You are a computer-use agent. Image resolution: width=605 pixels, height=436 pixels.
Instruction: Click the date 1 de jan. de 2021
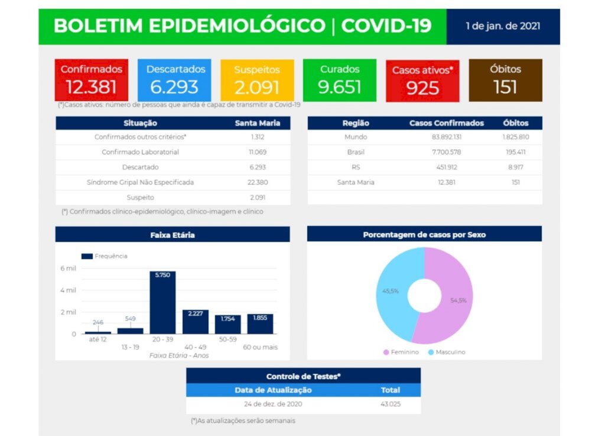coord(502,27)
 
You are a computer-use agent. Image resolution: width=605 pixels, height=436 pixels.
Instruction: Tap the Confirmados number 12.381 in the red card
coord(91,87)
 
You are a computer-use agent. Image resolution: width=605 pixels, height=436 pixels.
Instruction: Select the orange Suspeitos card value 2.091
coord(256,87)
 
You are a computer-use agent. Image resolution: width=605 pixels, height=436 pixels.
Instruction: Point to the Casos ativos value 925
coord(422,88)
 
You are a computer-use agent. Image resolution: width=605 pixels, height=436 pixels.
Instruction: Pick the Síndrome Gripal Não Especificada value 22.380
coord(259,182)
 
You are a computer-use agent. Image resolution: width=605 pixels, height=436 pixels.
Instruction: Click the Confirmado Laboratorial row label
coord(140,152)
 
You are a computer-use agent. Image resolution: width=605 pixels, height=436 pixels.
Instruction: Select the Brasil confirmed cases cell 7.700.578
coord(447,152)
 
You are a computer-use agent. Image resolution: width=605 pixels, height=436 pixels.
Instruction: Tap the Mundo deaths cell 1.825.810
coord(516,137)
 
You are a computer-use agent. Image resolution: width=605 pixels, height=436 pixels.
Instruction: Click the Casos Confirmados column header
coord(447,123)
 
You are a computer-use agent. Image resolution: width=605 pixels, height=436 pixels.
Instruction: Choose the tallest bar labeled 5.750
coord(162,302)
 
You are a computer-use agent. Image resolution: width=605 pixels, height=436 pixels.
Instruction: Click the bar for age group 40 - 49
coord(195,321)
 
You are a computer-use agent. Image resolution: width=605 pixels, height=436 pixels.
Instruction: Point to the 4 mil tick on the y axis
coord(68,290)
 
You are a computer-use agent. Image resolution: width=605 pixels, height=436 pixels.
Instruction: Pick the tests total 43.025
coord(391,405)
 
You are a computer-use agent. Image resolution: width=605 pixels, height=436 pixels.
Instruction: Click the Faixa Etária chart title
coord(173,235)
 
